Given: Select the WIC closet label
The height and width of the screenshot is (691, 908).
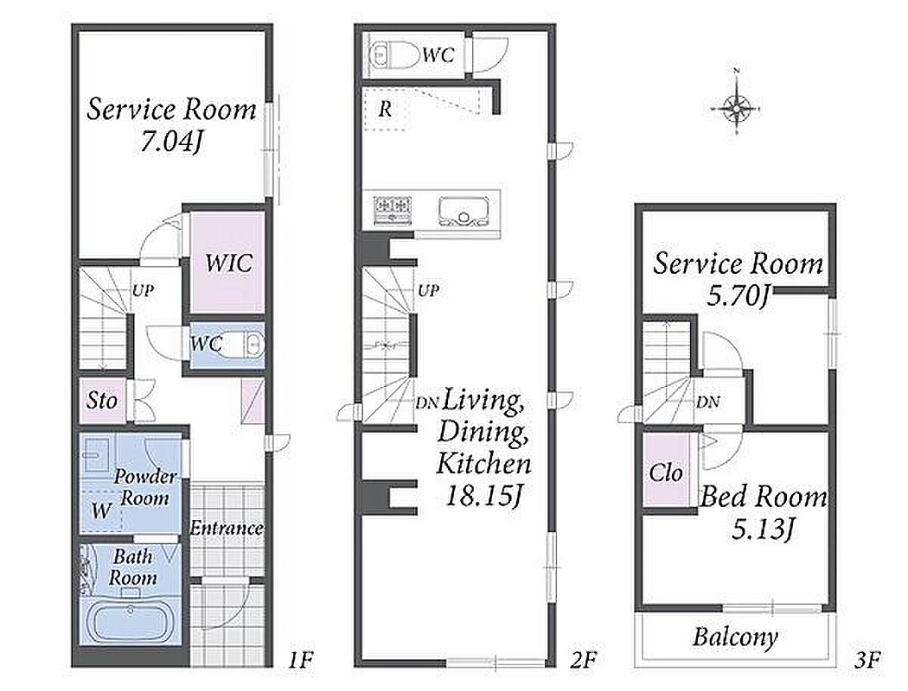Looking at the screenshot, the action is pyautogui.click(x=229, y=263).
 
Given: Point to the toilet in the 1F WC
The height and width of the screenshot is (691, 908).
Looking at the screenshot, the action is pyautogui.click(x=244, y=345).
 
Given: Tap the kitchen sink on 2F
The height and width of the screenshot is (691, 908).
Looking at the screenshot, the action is pyautogui.click(x=464, y=211).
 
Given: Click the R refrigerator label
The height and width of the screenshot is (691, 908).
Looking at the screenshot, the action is pyautogui.click(x=385, y=109).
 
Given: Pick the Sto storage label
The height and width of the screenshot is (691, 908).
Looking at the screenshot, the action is pyautogui.click(x=102, y=400).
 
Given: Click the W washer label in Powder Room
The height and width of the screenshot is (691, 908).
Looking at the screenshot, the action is pyautogui.click(x=101, y=511).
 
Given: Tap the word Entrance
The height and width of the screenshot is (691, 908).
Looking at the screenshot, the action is pyautogui.click(x=226, y=529).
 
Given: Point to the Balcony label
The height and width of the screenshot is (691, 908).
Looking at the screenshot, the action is pyautogui.click(x=735, y=637).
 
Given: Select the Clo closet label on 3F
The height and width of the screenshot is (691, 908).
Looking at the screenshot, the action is pyautogui.click(x=666, y=473).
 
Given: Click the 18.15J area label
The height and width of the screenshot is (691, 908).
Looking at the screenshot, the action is pyautogui.click(x=484, y=495).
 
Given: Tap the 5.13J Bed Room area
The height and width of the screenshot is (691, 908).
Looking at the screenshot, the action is pyautogui.click(x=762, y=529).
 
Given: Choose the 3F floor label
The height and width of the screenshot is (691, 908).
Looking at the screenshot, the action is pyautogui.click(x=866, y=660).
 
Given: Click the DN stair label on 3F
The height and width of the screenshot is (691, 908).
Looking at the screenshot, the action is pyautogui.click(x=707, y=402).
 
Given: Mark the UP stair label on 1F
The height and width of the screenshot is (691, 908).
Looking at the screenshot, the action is pyautogui.click(x=143, y=290).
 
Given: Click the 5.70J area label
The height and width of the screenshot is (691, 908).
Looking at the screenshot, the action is pyautogui.click(x=738, y=296).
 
